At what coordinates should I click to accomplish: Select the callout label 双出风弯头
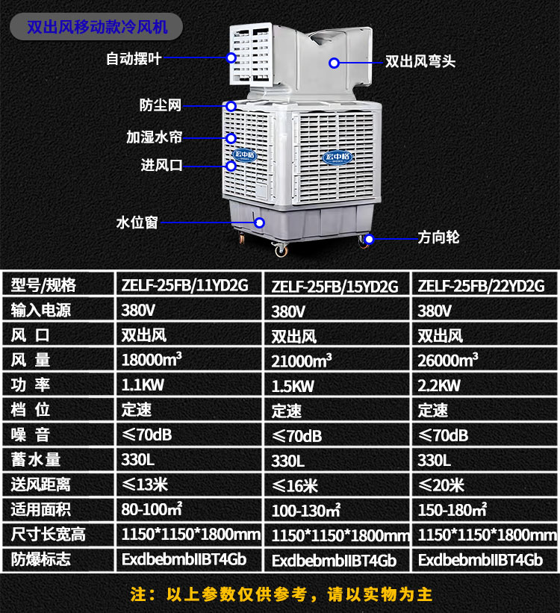[x=420, y=62]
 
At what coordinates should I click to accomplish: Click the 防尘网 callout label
[x=161, y=105]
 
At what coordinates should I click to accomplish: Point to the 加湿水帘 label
[x=154, y=137]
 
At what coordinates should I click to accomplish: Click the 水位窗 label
[x=137, y=223]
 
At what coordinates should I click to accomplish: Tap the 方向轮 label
[x=438, y=238]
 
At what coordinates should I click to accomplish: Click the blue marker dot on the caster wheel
[x=368, y=239]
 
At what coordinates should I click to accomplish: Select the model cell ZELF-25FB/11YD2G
[x=184, y=285]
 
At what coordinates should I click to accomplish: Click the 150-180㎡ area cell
[x=452, y=510]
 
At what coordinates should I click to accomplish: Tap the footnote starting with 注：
[x=281, y=594]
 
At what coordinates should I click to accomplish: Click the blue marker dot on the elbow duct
[x=335, y=63]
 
